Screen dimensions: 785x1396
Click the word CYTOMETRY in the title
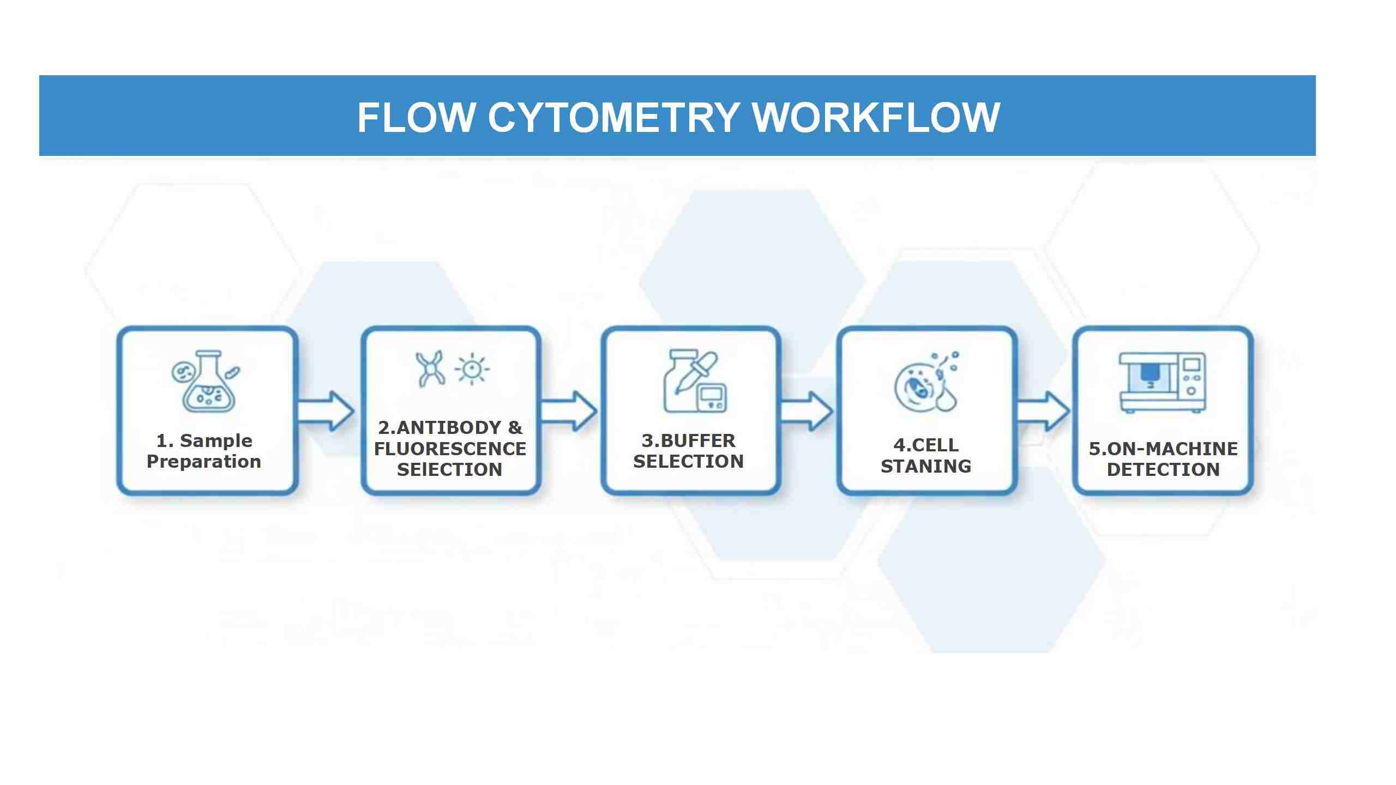(613, 117)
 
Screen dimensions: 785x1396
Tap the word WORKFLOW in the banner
(876, 117)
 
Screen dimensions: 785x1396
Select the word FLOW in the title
(416, 117)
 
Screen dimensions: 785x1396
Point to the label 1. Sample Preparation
(204, 451)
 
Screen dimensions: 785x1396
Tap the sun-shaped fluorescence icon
(472, 369)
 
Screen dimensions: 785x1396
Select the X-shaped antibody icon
(430, 369)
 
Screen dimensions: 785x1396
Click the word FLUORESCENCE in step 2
(450, 449)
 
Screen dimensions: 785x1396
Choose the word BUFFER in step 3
(698, 440)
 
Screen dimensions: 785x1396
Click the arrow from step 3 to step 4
(807, 412)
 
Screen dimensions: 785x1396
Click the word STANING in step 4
(926, 467)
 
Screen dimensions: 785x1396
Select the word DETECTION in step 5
(1163, 470)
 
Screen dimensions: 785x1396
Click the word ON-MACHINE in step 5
(1172, 449)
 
